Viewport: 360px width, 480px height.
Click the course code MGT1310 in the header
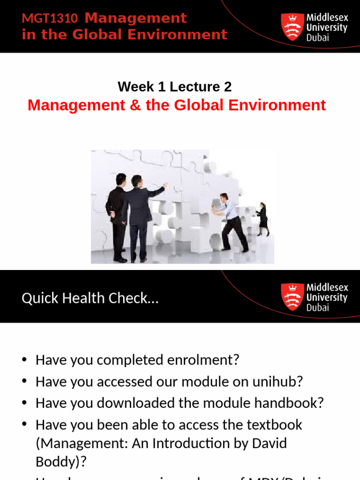pos(50,19)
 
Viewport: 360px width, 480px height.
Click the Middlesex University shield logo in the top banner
pos(292,27)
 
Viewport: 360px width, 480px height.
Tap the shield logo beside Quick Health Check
pos(292,297)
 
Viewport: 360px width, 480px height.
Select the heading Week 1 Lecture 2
pos(174,87)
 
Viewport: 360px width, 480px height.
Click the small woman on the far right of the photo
pos(263,218)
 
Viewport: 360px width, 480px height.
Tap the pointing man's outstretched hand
pos(165,185)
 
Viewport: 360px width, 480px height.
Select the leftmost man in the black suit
pos(117,216)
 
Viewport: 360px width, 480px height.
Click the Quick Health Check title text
pos(90,298)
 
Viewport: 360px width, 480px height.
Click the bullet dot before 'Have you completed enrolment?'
pos(25,360)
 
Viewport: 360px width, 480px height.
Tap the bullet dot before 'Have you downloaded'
pos(25,403)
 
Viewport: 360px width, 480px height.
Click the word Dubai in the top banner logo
pos(318,37)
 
